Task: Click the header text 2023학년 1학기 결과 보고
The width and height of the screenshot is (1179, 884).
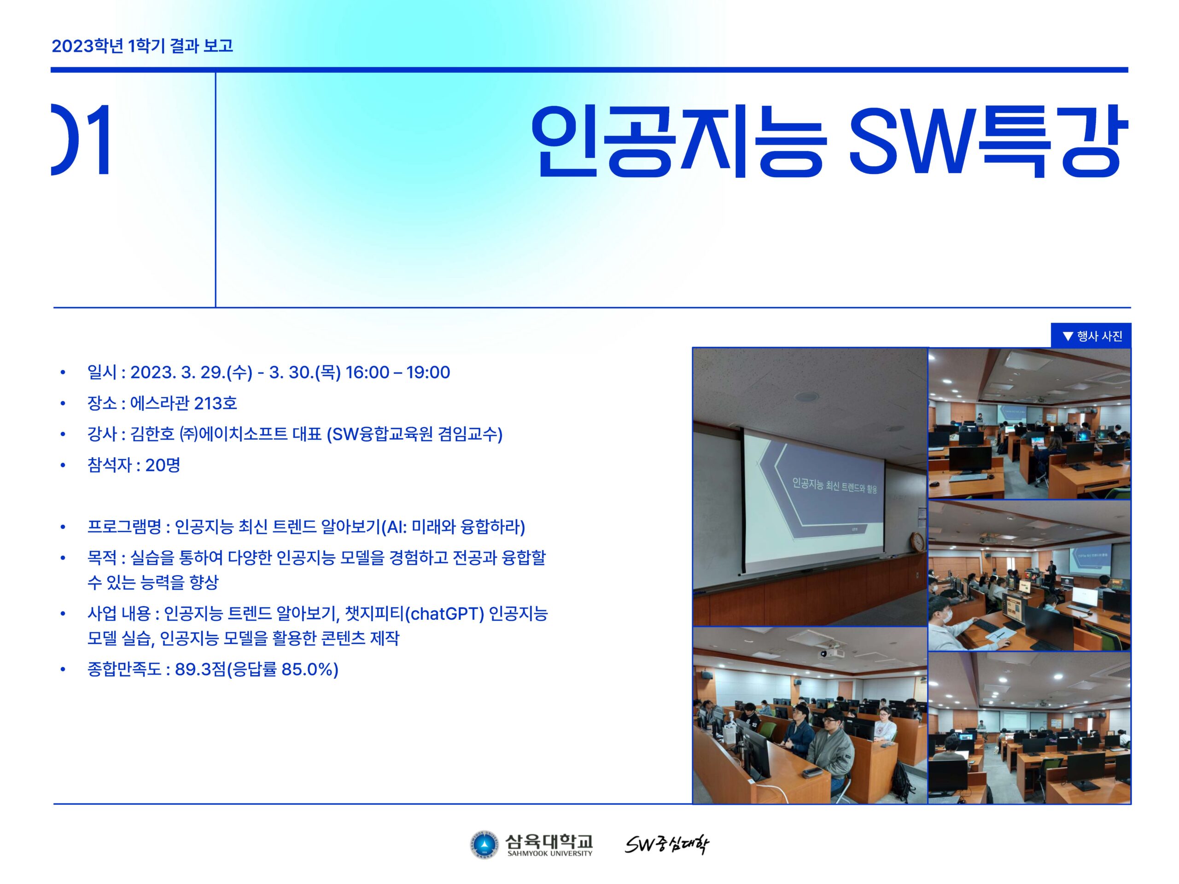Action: pyautogui.click(x=142, y=46)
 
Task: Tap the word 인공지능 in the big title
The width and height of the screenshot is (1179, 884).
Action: pyautogui.click(x=678, y=141)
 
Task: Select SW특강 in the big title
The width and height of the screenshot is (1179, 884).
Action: pyautogui.click(x=989, y=141)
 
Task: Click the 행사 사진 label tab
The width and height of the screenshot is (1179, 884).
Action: pyautogui.click(x=1091, y=336)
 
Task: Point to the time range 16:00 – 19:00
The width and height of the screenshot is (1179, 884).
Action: pyautogui.click(x=397, y=372)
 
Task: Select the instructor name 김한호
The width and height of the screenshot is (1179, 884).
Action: pyautogui.click(x=152, y=434)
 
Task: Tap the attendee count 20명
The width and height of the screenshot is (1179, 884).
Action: pyautogui.click(x=163, y=465)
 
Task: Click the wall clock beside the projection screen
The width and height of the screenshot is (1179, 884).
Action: pyautogui.click(x=917, y=541)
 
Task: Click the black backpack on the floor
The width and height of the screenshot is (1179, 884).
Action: pyautogui.click(x=902, y=779)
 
